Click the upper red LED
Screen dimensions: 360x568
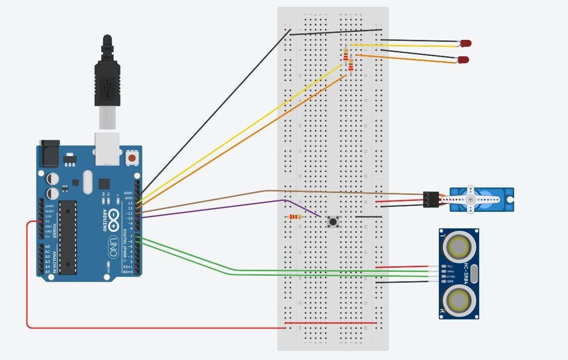(x=465, y=43)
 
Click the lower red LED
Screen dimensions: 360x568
(x=463, y=59)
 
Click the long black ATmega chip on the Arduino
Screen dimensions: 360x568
(x=68, y=237)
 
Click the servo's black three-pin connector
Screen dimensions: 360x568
(x=430, y=199)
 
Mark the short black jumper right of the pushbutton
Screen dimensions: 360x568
(x=369, y=217)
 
